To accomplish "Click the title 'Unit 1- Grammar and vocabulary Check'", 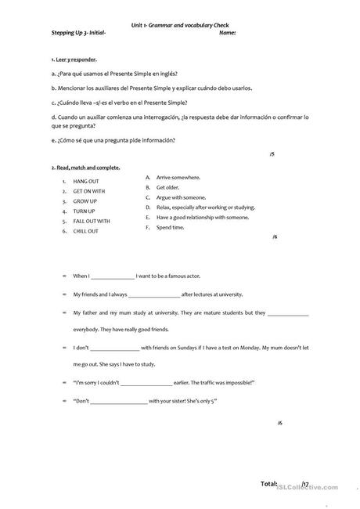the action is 180,26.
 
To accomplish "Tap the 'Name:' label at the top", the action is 228,33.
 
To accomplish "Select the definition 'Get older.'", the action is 169,188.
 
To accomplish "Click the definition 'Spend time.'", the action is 171,227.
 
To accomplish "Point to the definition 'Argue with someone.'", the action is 181,197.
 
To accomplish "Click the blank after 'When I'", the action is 113,276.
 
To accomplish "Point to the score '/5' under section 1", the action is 272,154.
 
